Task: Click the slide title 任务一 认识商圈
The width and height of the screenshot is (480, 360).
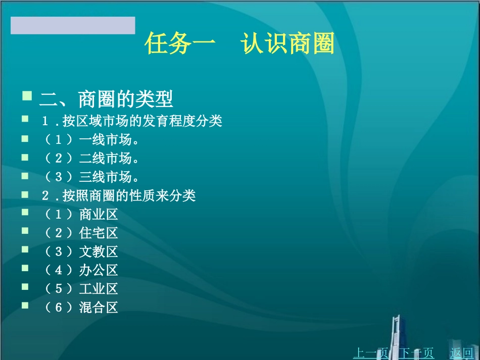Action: (239, 44)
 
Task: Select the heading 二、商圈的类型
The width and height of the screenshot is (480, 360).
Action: (106, 99)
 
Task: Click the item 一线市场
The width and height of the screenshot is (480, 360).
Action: (91, 140)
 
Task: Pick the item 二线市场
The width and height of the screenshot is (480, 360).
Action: (91, 159)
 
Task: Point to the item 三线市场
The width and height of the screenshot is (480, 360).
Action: (91, 177)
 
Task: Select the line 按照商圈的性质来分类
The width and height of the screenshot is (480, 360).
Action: (119, 196)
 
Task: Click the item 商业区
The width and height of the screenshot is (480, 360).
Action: (81, 215)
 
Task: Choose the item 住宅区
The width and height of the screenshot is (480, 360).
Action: (81, 233)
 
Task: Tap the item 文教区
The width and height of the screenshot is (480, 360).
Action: (81, 251)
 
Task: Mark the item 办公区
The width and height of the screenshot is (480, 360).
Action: (81, 270)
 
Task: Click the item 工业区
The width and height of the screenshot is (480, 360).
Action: (81, 289)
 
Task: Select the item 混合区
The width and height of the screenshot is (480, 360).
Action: (81, 307)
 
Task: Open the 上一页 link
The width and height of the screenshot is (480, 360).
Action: (370, 352)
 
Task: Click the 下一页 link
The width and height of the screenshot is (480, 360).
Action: (417, 352)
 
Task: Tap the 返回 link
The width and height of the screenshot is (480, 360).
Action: (461, 352)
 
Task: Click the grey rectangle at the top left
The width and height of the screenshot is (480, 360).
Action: (73, 25)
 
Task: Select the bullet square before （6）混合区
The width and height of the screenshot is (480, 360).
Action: (25, 304)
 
